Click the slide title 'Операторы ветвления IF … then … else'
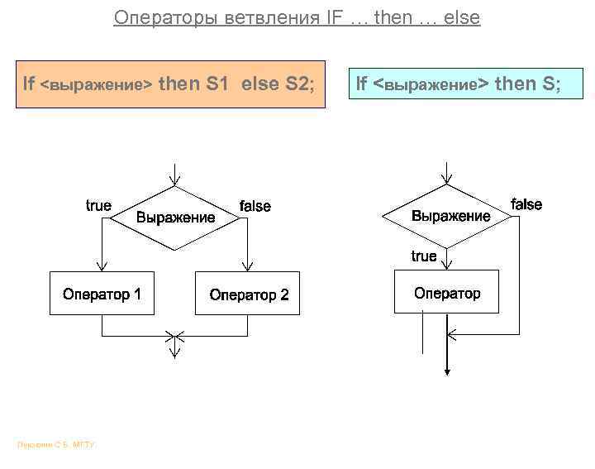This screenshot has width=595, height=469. (x=297, y=17)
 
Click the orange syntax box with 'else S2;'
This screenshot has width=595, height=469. (x=170, y=84)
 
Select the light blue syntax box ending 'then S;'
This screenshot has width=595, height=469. (x=466, y=84)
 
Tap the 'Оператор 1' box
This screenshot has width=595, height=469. (x=102, y=293)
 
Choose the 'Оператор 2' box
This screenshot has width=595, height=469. (x=248, y=294)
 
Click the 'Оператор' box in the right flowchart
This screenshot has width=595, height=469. (x=446, y=292)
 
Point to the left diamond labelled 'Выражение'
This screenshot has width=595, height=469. (x=174, y=218)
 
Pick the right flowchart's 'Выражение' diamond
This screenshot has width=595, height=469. (x=450, y=216)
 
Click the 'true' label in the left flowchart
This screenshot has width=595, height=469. (x=98, y=205)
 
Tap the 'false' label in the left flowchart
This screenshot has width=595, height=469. (x=255, y=206)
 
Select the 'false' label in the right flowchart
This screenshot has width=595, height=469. (x=526, y=204)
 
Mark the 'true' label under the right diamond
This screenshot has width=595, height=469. (x=424, y=256)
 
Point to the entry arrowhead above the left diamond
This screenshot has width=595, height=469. (x=174, y=179)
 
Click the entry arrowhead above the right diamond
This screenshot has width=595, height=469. (x=446, y=177)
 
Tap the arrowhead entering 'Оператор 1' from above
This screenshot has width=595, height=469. (x=102, y=265)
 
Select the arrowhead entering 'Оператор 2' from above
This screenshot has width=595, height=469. (x=248, y=265)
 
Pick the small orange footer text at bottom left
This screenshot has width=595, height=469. (x=56, y=446)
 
